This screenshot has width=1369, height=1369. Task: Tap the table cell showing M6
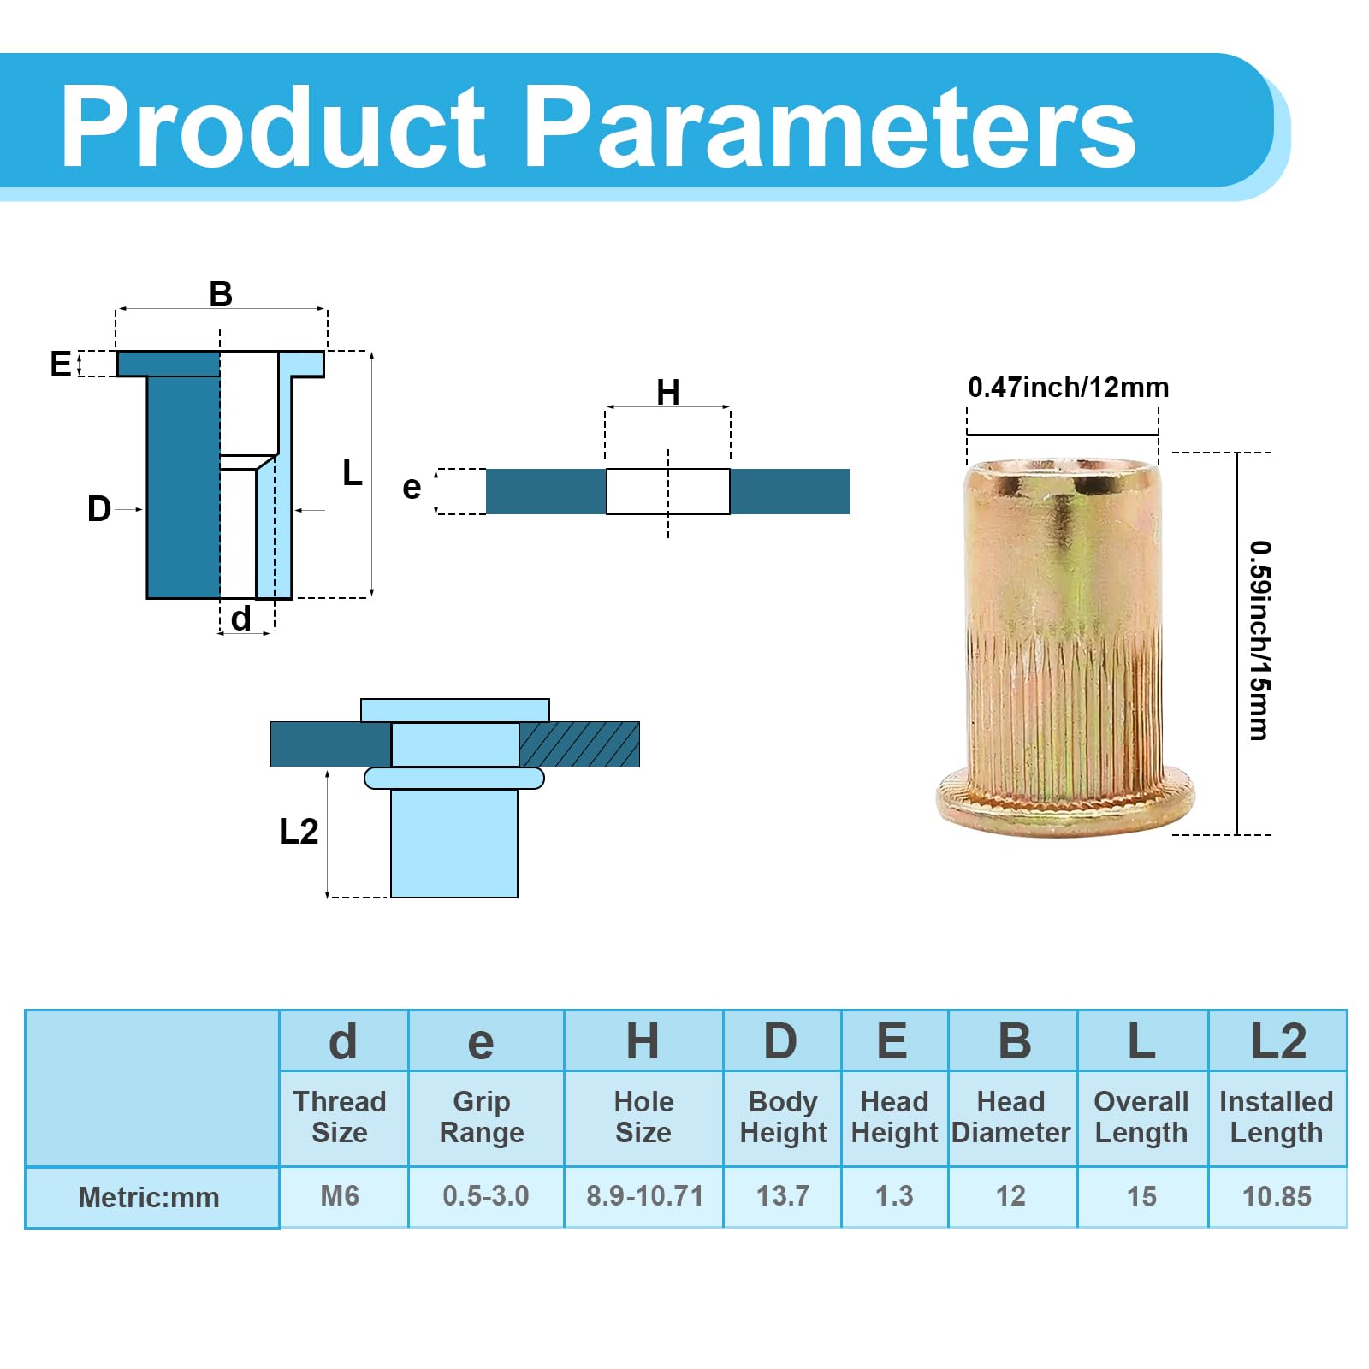tap(340, 1195)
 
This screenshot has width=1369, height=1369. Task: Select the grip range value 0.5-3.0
tap(485, 1195)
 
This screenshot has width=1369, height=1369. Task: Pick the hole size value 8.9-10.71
tap(644, 1195)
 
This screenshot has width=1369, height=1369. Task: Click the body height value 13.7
tap(783, 1195)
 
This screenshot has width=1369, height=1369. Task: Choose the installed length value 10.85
tap(1277, 1196)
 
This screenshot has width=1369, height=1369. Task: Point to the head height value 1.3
tap(894, 1195)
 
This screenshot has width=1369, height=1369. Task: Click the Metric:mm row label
tap(149, 1197)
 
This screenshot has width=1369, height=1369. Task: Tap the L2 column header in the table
tap(1278, 1041)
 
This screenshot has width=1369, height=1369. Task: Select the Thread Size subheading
tap(340, 1117)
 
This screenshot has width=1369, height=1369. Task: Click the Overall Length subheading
tap(1141, 1117)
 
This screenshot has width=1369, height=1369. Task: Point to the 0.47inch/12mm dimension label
tap(1068, 388)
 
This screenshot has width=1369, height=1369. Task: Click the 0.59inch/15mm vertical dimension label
tap(1259, 640)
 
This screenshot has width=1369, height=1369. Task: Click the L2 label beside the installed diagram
tap(299, 831)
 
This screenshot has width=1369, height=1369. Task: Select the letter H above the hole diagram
tap(668, 393)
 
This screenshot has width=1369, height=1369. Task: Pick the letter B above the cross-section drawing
tap(221, 293)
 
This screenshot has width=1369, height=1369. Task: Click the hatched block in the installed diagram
tap(579, 744)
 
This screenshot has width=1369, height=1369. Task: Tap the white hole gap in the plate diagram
tap(668, 491)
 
